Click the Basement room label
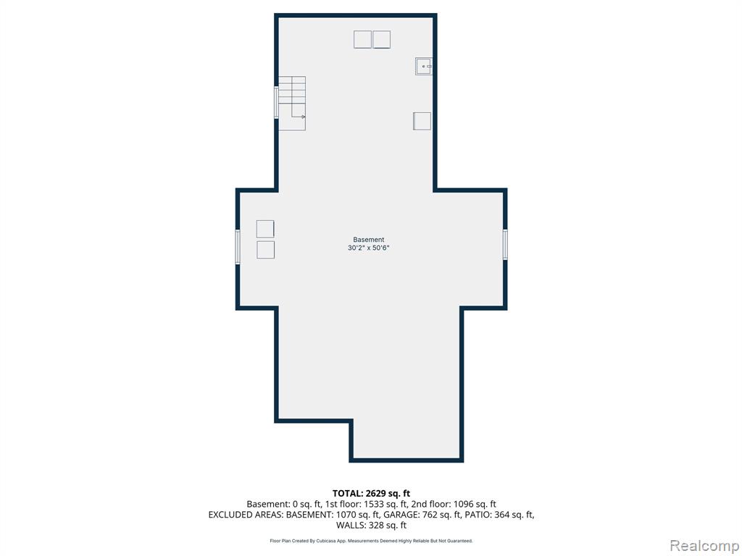coord(369,240)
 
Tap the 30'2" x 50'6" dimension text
coord(369,248)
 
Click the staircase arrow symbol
coord(298,111)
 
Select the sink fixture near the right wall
coord(423,66)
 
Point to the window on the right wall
coord(505,244)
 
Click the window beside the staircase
coord(276,102)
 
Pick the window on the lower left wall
coord(238,246)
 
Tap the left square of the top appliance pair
coord(362,39)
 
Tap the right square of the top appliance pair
coord(381,39)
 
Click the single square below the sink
coord(422,121)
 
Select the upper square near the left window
coord(265,229)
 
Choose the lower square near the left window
coord(265,250)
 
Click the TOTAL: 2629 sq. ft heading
coord(371,494)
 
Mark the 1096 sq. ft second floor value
coord(475,504)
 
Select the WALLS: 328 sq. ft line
coord(371,525)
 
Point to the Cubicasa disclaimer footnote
coord(371,540)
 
